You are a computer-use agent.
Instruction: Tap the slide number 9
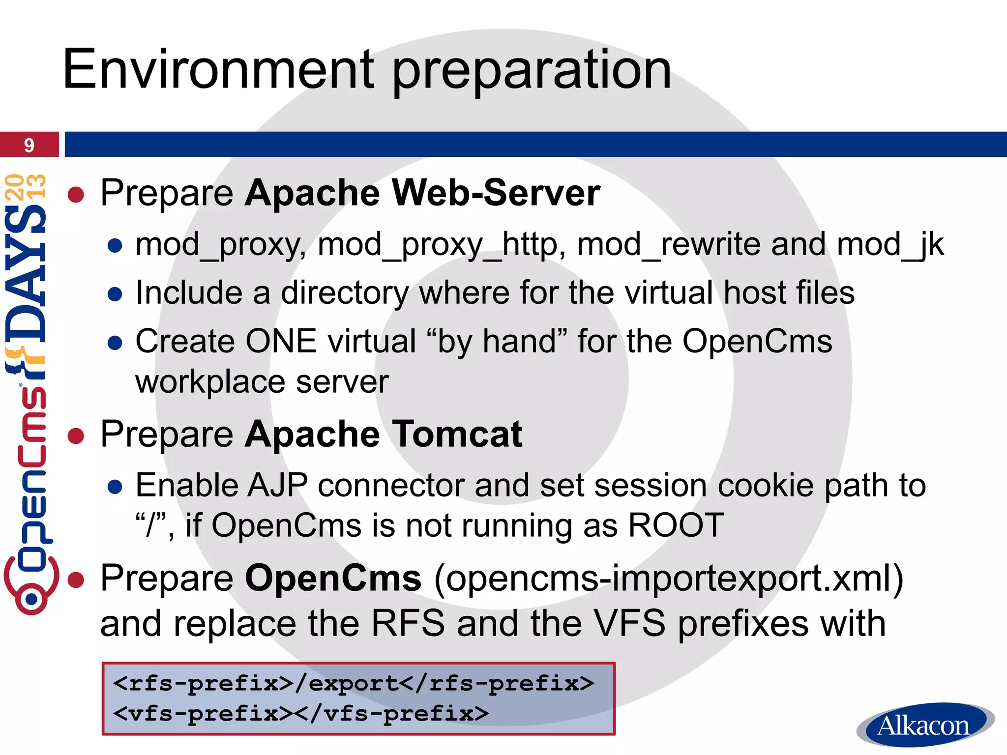(x=29, y=145)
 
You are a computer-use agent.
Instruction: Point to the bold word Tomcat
(x=457, y=434)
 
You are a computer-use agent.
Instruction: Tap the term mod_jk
(x=890, y=244)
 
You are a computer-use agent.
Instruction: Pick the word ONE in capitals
(x=281, y=341)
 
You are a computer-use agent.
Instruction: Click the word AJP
(x=278, y=486)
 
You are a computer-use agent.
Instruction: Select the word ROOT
(x=676, y=525)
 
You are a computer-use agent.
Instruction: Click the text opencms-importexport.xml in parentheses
(x=669, y=579)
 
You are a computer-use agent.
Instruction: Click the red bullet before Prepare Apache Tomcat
(x=76, y=436)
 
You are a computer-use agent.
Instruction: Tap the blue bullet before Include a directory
(x=115, y=294)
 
